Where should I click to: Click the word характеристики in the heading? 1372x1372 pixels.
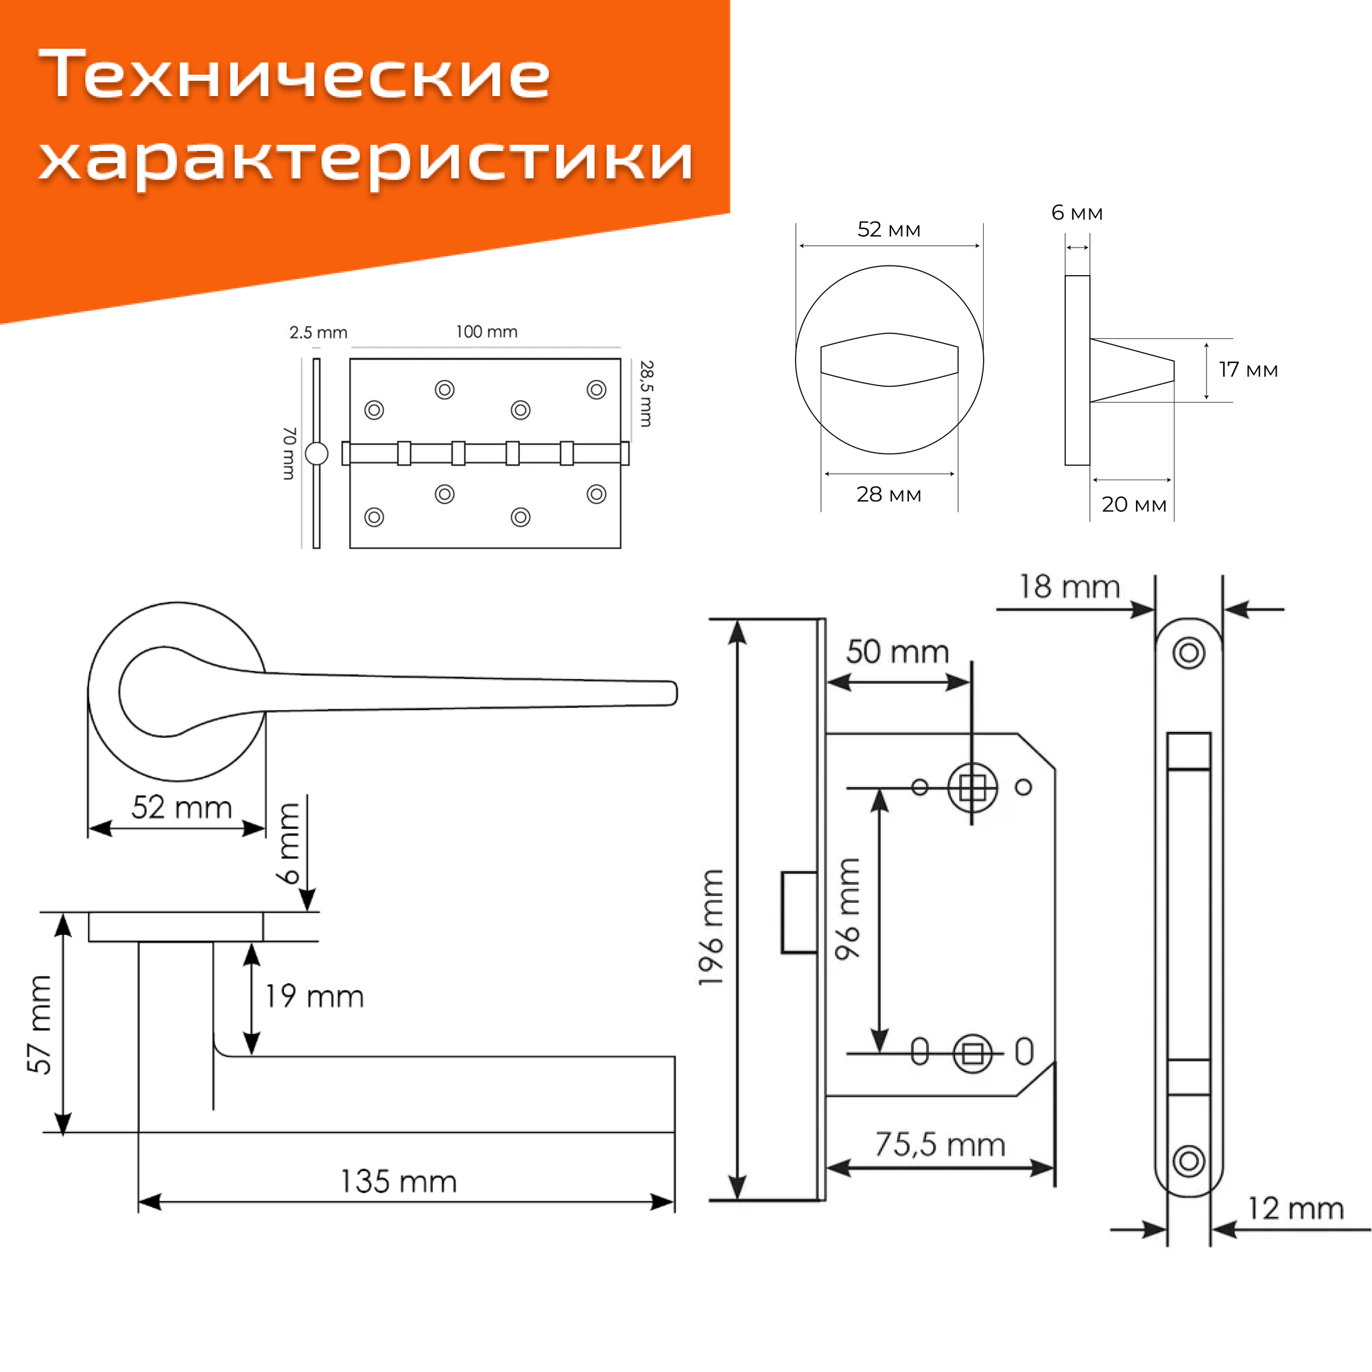[x=366, y=158]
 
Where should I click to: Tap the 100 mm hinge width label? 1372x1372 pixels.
[x=486, y=331]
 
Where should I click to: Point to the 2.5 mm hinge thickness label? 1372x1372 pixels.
[x=318, y=332]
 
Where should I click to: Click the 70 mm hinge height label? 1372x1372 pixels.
[x=289, y=453]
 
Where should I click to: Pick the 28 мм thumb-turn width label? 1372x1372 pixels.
[x=888, y=494]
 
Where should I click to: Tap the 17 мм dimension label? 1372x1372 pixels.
[x=1248, y=370]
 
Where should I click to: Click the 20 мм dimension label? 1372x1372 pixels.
[x=1133, y=504]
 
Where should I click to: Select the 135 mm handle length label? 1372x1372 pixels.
[x=398, y=1182]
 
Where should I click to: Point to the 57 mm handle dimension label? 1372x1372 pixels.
[x=40, y=1024]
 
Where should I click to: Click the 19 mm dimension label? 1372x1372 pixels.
[x=314, y=996]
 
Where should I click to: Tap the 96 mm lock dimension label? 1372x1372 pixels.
[x=848, y=909]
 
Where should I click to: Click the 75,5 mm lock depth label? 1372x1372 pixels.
[x=940, y=1145]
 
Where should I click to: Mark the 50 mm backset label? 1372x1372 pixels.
[x=897, y=652]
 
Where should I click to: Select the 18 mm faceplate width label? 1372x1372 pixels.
[x=1069, y=587]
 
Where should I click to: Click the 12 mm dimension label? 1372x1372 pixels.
[x=1295, y=1208]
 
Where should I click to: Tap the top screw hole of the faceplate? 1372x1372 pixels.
[x=1189, y=652]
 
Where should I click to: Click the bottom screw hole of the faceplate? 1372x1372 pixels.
[x=1189, y=1161]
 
